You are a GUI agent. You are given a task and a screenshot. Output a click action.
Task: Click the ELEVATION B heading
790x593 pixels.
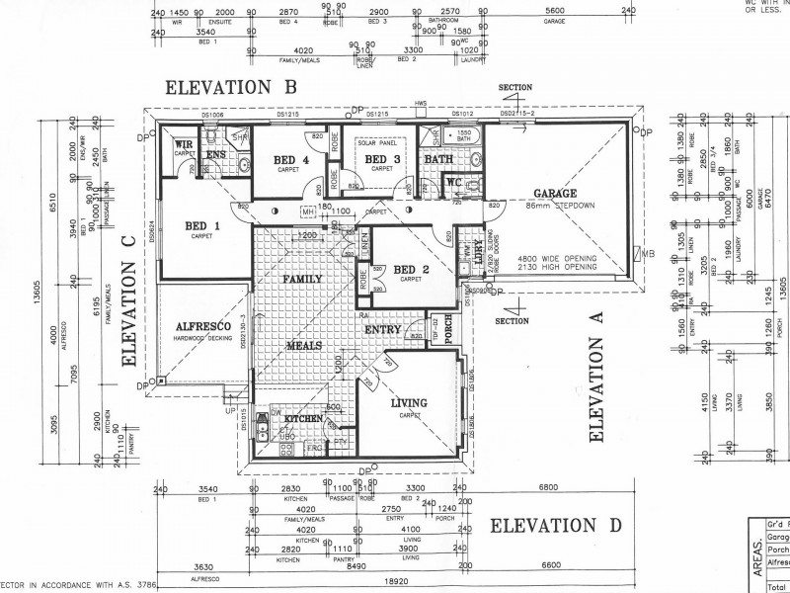pyautogui.click(x=231, y=86)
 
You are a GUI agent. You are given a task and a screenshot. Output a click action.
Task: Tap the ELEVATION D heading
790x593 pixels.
pyautogui.click(x=556, y=524)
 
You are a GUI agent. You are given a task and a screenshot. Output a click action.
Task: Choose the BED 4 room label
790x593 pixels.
pyautogui.click(x=291, y=160)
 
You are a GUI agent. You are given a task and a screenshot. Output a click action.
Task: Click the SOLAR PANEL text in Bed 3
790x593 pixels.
pyautogui.click(x=375, y=144)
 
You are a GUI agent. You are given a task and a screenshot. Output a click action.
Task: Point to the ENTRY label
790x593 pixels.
pyautogui.click(x=381, y=329)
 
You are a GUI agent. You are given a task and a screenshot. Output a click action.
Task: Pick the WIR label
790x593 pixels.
pyautogui.click(x=184, y=144)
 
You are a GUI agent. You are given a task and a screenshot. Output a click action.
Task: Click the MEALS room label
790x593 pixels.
pyautogui.click(x=303, y=346)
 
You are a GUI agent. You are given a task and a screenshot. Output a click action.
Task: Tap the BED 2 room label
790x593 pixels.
pyautogui.click(x=409, y=270)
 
